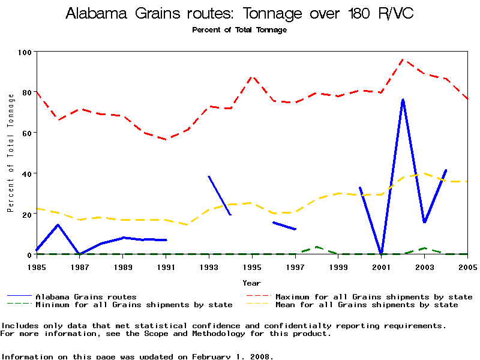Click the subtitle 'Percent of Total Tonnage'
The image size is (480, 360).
pos(239,30)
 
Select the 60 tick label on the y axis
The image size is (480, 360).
pos(26,133)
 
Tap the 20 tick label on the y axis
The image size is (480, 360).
pos(26,214)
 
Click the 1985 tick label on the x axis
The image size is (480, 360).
pos(37,266)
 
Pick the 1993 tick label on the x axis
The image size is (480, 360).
pos(209,266)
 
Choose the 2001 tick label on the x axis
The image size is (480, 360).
pos(381,266)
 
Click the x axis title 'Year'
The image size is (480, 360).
pos(251,283)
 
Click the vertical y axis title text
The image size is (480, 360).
pos(10,153)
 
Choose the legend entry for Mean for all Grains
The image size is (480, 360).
pos(366,305)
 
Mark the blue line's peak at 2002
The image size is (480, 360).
pos(403,100)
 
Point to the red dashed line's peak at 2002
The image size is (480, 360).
pos(403,59)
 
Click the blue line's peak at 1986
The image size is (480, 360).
pos(58,225)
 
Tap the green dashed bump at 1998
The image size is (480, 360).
pos(316,247)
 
